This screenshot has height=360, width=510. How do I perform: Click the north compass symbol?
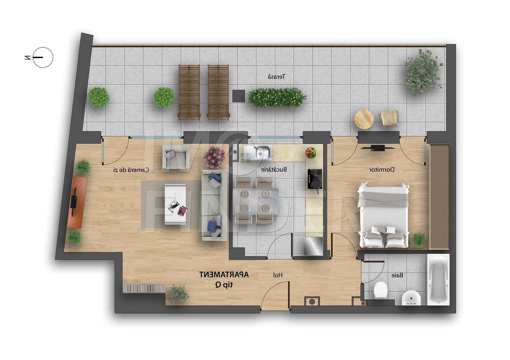[42, 57]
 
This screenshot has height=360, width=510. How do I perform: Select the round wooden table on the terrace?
[364, 119]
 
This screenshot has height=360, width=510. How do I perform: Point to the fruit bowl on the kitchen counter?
[311, 152]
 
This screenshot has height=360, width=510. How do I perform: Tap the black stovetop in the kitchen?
[315, 179]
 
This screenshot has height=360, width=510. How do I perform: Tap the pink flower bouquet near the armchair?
[214, 157]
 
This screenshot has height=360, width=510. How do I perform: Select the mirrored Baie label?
[397, 275]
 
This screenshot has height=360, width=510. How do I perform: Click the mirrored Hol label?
[278, 275]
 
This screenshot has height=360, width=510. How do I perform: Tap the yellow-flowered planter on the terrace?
[277, 97]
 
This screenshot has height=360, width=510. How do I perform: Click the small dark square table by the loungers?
[239, 96]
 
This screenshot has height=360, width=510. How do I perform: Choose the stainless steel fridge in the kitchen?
[314, 246]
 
